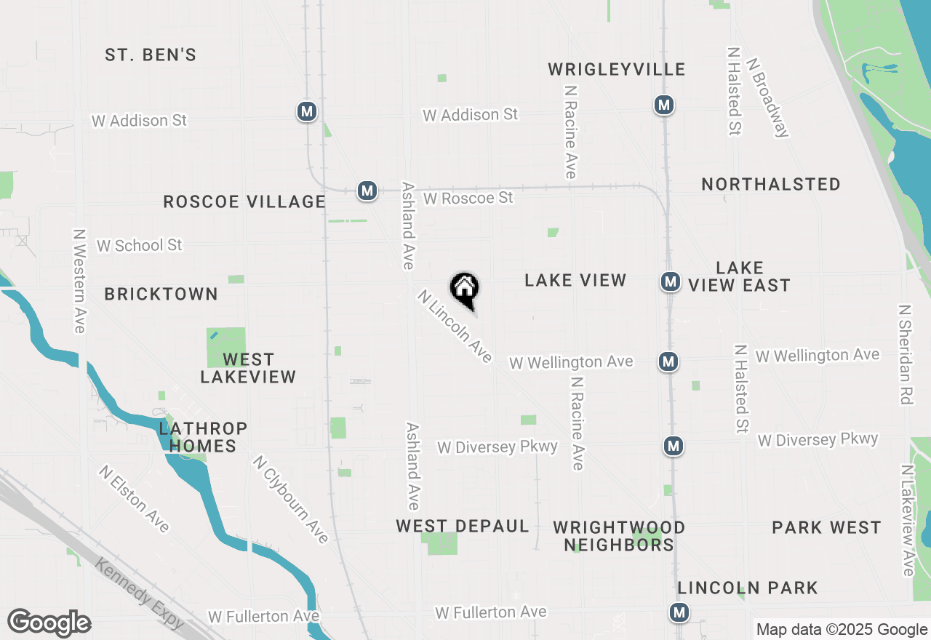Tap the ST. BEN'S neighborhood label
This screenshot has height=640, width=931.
coord(151,55)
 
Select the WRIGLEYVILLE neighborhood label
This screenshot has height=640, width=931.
coord(616,70)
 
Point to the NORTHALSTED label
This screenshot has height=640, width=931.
coord(771,185)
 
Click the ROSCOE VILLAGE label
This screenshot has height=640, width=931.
coord(244,201)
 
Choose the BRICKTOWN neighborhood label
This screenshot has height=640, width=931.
coord(161,295)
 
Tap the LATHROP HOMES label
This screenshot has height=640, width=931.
coord(203,437)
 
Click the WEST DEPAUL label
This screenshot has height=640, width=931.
coord(463,527)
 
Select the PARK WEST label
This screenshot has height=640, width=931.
coord(826,527)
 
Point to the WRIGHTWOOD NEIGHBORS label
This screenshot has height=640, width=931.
coord(619,536)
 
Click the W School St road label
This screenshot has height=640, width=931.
coord(140,246)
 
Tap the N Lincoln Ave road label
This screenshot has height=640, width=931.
coord(455,327)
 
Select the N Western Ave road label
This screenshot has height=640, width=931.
coord(79,281)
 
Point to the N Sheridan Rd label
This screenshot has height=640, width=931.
coord(906,354)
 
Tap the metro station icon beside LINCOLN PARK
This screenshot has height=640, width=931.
coord(679,613)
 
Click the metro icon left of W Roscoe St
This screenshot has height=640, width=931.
coord(367,191)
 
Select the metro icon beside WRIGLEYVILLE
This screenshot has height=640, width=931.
coord(663,105)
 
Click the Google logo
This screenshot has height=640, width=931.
coord(49,623)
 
